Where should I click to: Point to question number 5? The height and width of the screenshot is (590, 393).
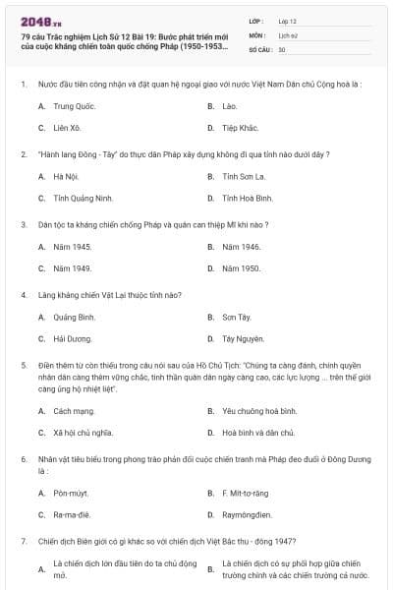click(23, 365)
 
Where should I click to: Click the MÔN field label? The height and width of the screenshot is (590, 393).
click(257, 34)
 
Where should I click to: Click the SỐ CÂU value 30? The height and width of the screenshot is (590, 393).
click(282, 48)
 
